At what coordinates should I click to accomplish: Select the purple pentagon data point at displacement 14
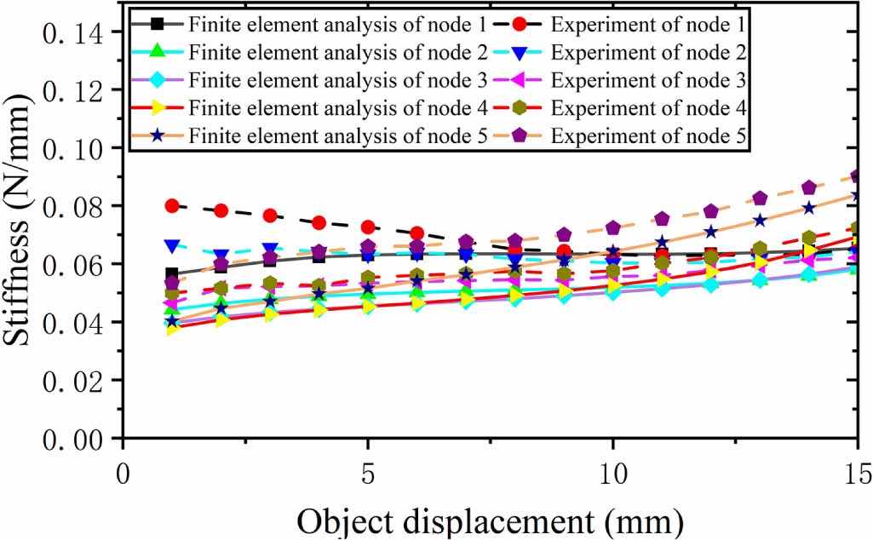click(x=809, y=187)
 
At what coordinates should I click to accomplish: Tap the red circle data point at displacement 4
click(x=319, y=222)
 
